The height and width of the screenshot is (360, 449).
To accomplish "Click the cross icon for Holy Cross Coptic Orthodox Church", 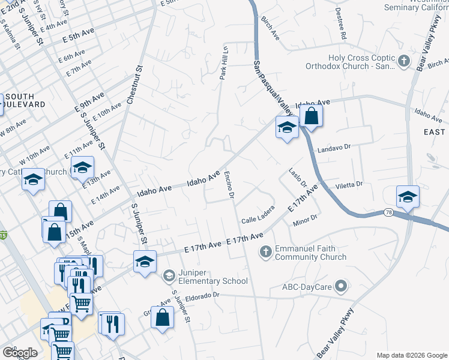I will tap(404, 61).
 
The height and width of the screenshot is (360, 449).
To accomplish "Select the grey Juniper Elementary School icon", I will tap(169, 275).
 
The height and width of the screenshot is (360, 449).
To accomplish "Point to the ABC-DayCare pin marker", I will tap(341, 287).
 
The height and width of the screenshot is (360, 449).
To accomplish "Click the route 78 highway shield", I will tap(388, 213).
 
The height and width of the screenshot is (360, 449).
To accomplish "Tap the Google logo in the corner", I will tap(20, 353).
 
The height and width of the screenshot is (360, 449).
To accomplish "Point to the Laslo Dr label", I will tap(297, 176).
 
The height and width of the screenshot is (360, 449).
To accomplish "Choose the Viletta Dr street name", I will tap(349, 185).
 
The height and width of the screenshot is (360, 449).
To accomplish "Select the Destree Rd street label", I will tap(341, 32).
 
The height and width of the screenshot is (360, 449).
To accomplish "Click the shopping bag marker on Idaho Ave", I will tap(312, 115).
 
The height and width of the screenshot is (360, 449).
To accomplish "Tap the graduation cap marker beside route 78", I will tap(408, 197).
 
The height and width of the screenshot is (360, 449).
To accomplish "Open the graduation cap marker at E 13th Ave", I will tap(82, 168).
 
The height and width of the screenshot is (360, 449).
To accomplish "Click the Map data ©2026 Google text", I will tap(411, 355).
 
